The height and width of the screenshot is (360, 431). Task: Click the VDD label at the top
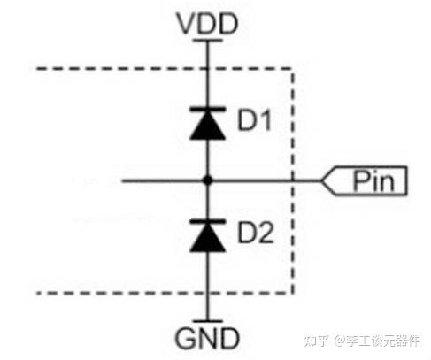(207, 24)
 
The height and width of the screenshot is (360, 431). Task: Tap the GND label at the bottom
(207, 338)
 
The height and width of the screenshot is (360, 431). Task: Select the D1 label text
(254, 119)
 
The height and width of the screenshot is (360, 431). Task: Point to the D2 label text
(256, 233)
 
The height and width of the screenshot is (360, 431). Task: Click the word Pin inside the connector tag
(373, 180)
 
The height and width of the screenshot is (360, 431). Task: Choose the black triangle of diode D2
(208, 237)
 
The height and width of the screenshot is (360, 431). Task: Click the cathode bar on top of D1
(208, 109)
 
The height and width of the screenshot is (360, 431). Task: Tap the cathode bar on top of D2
(208, 221)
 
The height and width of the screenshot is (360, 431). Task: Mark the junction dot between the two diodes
(208, 180)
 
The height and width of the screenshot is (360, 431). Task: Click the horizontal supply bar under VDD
(208, 41)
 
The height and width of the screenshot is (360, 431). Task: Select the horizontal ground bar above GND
(208, 321)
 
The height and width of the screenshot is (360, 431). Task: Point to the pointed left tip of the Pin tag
(321, 180)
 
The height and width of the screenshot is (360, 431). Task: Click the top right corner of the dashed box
(293, 69)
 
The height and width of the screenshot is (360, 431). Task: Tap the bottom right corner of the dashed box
(293, 294)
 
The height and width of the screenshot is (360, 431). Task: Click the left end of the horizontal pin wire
(122, 180)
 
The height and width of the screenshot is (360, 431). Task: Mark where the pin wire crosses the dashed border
(293, 180)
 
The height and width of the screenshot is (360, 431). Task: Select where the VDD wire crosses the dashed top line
(208, 69)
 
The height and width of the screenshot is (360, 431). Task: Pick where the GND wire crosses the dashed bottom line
(208, 294)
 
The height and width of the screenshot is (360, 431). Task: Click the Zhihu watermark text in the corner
(362, 341)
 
